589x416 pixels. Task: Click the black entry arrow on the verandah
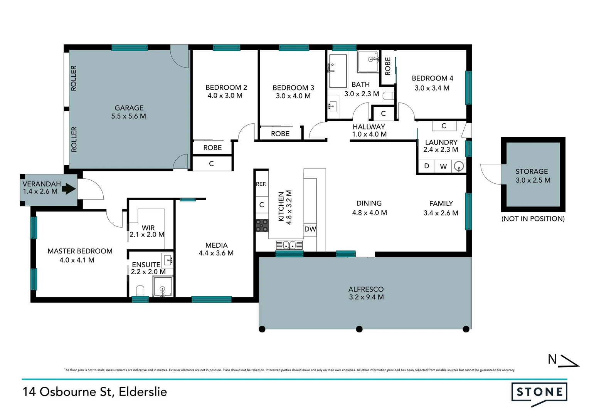69,189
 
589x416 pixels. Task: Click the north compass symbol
563,360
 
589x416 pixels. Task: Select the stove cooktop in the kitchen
262,225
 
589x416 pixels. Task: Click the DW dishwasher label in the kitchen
310,229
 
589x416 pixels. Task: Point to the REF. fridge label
261,184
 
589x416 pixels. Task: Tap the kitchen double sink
289,245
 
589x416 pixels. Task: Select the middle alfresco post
359,329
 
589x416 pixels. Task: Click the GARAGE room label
129,108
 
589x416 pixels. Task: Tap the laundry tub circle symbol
458,166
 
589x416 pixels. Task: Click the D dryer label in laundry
426,166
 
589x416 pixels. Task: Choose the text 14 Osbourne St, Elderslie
95,392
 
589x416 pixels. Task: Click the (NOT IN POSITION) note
533,219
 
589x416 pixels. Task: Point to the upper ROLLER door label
74,78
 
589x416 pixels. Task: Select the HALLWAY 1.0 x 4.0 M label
369,131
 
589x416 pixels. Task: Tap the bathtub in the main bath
338,71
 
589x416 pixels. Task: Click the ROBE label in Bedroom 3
280,134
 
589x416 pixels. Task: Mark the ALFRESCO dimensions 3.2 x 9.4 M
366,297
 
